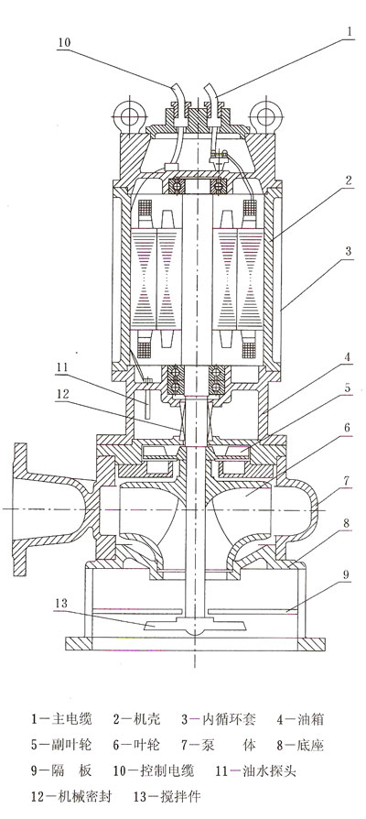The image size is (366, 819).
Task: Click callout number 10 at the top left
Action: click(x=64, y=43)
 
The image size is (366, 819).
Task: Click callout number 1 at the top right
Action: click(x=350, y=31)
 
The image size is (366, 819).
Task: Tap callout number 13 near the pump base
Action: click(x=61, y=604)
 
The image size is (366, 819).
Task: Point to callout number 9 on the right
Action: click(x=346, y=576)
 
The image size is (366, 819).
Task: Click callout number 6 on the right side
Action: click(x=347, y=427)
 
